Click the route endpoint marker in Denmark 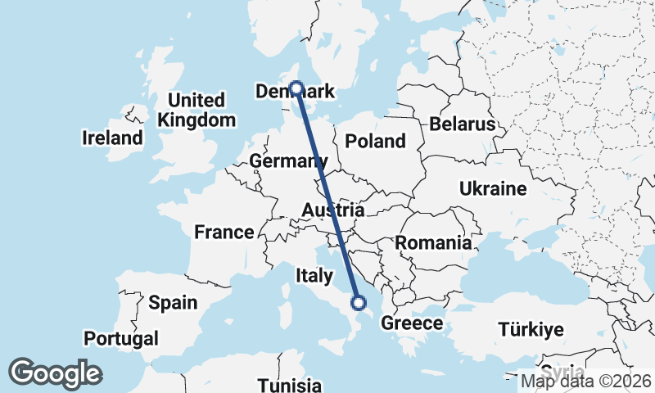click(296, 88)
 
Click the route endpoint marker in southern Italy click(358, 303)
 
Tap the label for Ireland click(112, 138)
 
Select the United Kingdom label click(196, 110)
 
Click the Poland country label click(375, 141)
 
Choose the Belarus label click(463, 124)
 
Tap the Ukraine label click(492, 189)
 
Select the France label click(224, 233)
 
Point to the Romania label click(433, 242)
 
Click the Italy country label click(314, 275)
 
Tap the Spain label click(173, 302)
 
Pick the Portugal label click(121, 338)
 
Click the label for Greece click(412, 323)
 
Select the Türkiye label click(531, 330)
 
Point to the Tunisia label click(289, 384)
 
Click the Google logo click(55, 373)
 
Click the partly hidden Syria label click(562, 369)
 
